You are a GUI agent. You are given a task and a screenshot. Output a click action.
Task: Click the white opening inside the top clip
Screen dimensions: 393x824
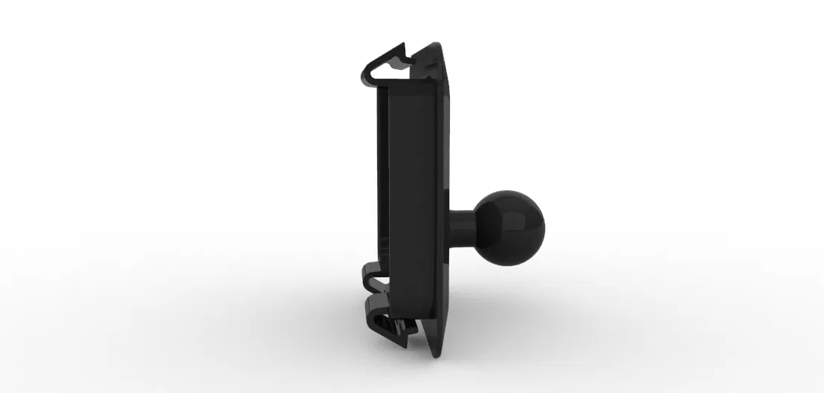[391, 69]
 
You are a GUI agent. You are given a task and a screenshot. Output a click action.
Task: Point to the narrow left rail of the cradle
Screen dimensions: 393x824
[382, 186]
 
